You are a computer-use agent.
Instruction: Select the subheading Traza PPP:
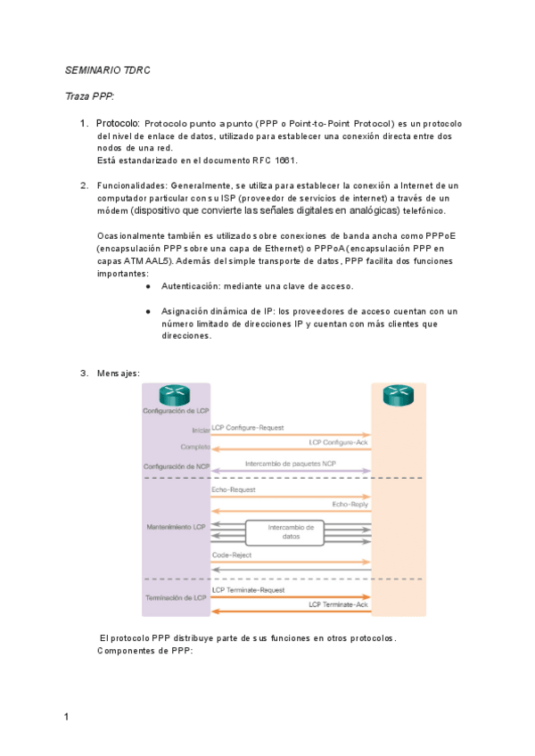[90, 95]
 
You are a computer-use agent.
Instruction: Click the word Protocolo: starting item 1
[118, 122]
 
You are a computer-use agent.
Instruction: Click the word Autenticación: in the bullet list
[196, 286]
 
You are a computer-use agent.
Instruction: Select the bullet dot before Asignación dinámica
[147, 312]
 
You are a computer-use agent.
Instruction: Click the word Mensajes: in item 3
[118, 374]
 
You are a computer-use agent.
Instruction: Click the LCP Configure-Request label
[248, 429]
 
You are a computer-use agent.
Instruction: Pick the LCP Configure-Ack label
[338, 442]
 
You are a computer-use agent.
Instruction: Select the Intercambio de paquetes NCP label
[291, 464]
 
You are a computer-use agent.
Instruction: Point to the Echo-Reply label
[350, 504]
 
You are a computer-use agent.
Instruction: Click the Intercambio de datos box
[291, 532]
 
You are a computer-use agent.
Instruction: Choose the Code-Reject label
[232, 555]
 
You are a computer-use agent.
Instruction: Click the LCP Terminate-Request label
[249, 590]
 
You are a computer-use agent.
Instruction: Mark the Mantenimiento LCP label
[175, 528]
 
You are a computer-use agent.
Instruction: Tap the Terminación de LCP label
[176, 596]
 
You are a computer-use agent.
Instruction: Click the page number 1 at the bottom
[67, 716]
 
